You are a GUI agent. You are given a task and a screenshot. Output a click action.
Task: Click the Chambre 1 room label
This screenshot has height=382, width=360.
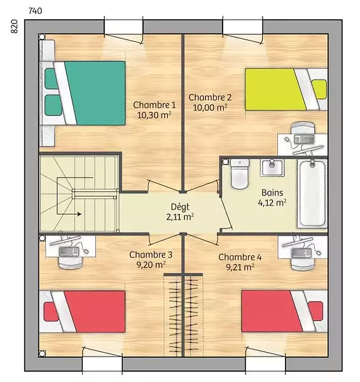pos(155,105)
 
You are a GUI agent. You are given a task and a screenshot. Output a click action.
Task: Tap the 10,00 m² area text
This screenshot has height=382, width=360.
pos(211,108)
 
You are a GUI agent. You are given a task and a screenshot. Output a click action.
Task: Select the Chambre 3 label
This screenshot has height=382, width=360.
pos(151,255)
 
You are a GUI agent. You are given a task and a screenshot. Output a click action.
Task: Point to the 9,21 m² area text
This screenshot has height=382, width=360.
pos(240,267)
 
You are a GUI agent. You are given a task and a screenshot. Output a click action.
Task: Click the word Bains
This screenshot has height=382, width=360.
pos(272,193)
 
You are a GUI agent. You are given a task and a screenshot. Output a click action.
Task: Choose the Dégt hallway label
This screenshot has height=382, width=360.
pos(180,207)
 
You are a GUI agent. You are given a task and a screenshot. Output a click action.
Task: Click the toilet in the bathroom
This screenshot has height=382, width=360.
pos(240,174)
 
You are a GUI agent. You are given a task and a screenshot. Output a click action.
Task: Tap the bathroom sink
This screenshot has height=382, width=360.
pos(272,168)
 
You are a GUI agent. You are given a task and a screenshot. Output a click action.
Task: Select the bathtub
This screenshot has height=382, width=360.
pos(312,194)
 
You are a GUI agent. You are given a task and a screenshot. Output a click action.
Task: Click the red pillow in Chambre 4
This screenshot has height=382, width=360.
pos(316,311)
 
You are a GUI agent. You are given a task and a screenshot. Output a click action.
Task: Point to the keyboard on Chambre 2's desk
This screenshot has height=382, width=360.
pos(304,139)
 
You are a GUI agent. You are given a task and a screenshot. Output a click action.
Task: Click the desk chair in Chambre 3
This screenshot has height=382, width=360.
pos(71,262)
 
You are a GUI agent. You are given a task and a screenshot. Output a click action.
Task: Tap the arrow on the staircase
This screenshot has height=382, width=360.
pos(69,215)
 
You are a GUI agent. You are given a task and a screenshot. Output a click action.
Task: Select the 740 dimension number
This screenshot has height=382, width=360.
pos(35,11)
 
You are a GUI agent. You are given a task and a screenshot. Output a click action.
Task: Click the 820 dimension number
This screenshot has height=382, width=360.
pos(15,26)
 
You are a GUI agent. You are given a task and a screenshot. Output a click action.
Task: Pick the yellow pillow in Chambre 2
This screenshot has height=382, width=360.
pos(319,89)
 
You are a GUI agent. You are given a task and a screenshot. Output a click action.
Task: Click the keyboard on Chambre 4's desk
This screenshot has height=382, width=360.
pos(301,253)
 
